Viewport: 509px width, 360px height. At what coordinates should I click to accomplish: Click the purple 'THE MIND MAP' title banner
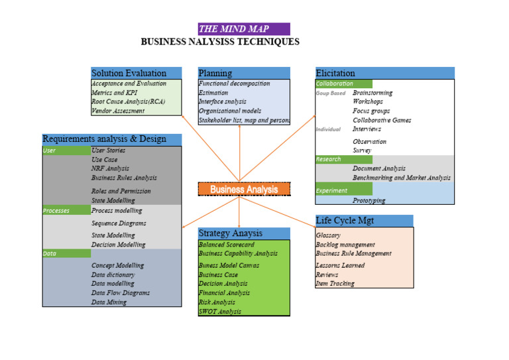243,29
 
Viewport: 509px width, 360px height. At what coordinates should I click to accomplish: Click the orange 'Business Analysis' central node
244,189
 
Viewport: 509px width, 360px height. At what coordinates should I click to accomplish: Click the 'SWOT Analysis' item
220,311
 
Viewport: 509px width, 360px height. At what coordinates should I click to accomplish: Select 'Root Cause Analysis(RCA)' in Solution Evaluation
128,102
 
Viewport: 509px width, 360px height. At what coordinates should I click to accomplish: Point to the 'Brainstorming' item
372,93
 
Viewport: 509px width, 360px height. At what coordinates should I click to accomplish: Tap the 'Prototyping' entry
368,200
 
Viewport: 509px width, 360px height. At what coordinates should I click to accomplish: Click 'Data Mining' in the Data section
109,302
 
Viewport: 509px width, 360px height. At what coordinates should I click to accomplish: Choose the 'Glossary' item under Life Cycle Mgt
328,235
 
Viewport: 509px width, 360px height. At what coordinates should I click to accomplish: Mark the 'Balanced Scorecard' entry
227,245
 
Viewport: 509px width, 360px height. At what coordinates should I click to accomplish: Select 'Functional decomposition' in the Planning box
234,84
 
